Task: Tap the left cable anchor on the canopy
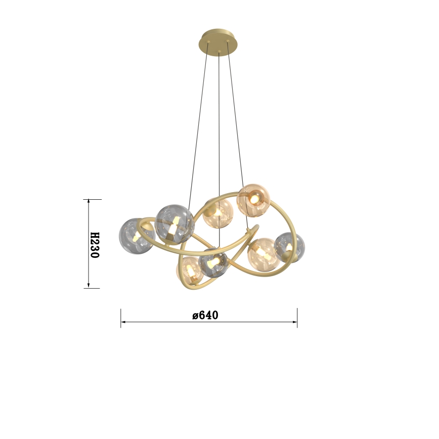click(x=208, y=42)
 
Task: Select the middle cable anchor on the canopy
click(x=219, y=52)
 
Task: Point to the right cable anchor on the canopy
click(x=228, y=41)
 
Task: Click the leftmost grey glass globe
click(x=137, y=236)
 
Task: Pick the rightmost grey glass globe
click(x=289, y=247)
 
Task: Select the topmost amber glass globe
click(x=253, y=200)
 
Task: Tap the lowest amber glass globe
click(x=190, y=271)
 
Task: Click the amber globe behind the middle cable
click(x=217, y=213)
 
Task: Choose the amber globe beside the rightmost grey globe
click(x=264, y=254)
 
